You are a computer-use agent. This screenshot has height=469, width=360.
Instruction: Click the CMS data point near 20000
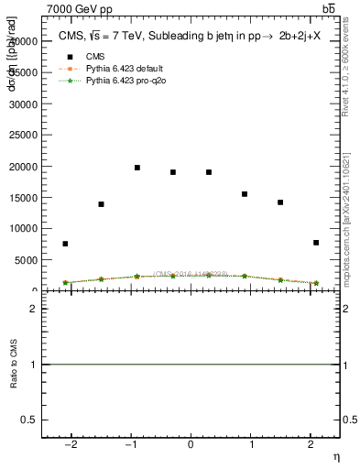point(137,168)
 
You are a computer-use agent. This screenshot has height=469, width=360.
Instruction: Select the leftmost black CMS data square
point(65,244)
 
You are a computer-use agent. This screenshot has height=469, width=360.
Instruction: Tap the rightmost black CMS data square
point(316,243)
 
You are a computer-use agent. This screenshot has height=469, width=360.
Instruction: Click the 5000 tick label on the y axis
point(27,260)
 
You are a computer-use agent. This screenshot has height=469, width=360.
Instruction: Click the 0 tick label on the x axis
point(191,446)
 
